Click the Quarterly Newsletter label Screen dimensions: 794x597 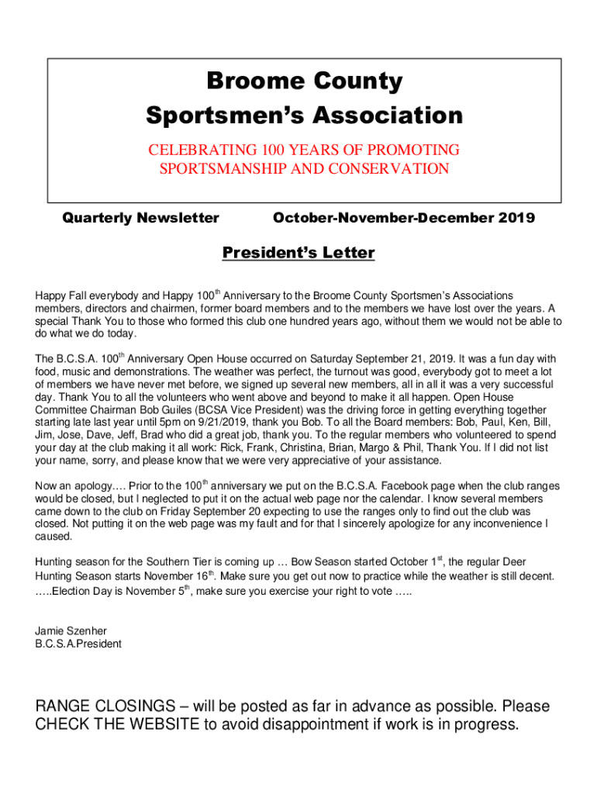pos(140,218)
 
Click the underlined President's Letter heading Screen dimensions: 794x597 pos(298,253)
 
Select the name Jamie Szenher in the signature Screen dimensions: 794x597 pos(71,630)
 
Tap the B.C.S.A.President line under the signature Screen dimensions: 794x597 pos(78,644)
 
